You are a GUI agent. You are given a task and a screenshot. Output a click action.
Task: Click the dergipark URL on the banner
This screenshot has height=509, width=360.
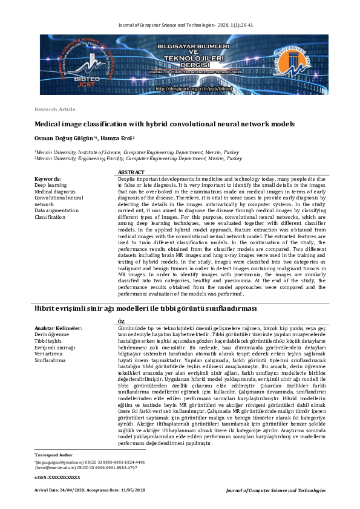193,88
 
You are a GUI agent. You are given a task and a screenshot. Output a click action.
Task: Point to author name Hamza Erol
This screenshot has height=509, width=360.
117,137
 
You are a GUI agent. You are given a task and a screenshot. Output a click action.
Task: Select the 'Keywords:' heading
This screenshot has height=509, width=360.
48,179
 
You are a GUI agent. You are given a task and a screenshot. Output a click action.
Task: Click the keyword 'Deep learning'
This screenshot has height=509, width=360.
51,185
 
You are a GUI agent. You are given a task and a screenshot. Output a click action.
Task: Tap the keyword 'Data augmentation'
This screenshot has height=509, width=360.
56,209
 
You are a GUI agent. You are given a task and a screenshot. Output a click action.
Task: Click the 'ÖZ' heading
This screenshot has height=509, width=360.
121,321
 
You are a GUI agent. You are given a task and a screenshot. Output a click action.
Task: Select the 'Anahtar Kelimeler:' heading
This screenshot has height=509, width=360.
58,328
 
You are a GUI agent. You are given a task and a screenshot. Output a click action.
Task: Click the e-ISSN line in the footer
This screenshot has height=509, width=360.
57,494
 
